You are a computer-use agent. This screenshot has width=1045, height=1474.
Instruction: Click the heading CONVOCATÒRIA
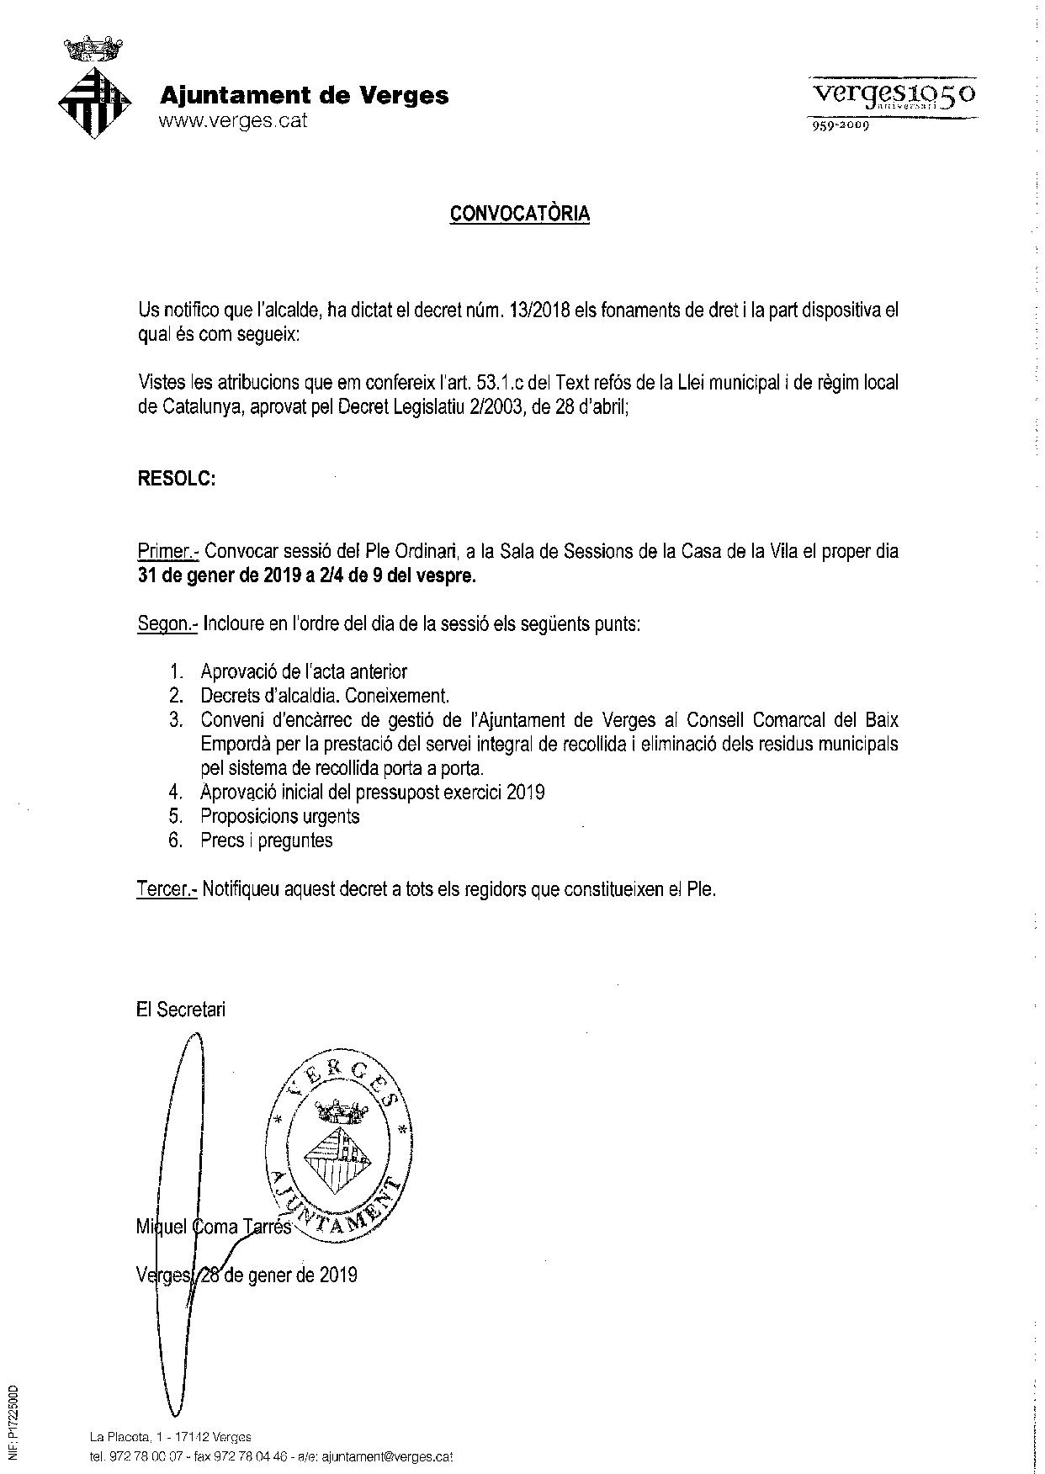tap(520, 214)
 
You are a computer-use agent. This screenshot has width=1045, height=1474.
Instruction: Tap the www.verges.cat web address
tap(233, 120)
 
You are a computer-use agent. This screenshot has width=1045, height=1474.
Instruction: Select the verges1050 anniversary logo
tap(892, 99)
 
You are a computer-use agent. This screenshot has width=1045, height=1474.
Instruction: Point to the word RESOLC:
tap(177, 479)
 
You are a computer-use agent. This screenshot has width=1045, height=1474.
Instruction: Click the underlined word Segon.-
tap(167, 624)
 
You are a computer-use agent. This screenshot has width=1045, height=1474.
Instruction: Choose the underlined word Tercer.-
tap(166, 889)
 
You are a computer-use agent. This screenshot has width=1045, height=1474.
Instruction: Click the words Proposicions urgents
tap(279, 816)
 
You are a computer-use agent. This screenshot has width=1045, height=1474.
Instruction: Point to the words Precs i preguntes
tap(266, 840)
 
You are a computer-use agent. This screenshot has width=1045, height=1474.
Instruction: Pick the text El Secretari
tap(180, 1010)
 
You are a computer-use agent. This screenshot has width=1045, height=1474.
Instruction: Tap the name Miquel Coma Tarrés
tap(214, 1227)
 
